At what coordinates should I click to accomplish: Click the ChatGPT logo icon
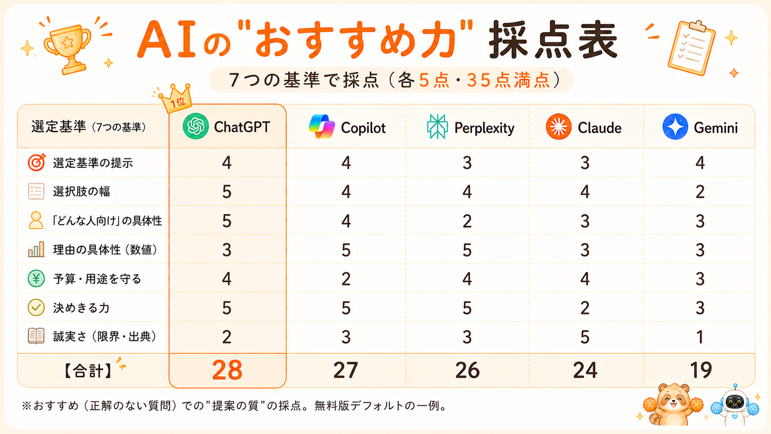pyautogui.click(x=196, y=126)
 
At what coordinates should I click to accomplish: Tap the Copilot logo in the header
pyautogui.click(x=322, y=127)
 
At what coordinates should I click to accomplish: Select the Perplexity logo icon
pyautogui.click(x=437, y=127)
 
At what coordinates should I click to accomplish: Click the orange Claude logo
pyautogui.click(x=558, y=127)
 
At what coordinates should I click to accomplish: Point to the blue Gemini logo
pyautogui.click(x=675, y=127)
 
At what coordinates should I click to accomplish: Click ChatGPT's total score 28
pyautogui.click(x=227, y=370)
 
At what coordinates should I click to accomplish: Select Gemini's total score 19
pyautogui.click(x=700, y=370)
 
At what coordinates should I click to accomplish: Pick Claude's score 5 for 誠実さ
pyautogui.click(x=585, y=337)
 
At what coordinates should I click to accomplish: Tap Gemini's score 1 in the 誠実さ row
pyautogui.click(x=700, y=337)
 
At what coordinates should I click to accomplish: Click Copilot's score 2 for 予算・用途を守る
pyautogui.click(x=346, y=279)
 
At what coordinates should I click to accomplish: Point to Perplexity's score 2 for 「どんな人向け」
pyautogui.click(x=467, y=221)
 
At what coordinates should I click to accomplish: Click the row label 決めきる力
pyautogui.click(x=81, y=308)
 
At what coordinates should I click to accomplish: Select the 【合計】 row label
pyautogui.click(x=88, y=371)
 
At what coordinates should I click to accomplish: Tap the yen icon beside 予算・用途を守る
pyautogui.click(x=36, y=279)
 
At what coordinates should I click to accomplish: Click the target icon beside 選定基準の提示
pyautogui.click(x=36, y=162)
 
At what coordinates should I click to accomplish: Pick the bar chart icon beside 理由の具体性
pyautogui.click(x=36, y=249)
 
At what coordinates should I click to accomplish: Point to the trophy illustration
pyautogui.click(x=68, y=48)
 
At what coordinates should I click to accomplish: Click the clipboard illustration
pyautogui.click(x=691, y=48)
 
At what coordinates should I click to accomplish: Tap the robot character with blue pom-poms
pyautogui.click(x=735, y=406)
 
